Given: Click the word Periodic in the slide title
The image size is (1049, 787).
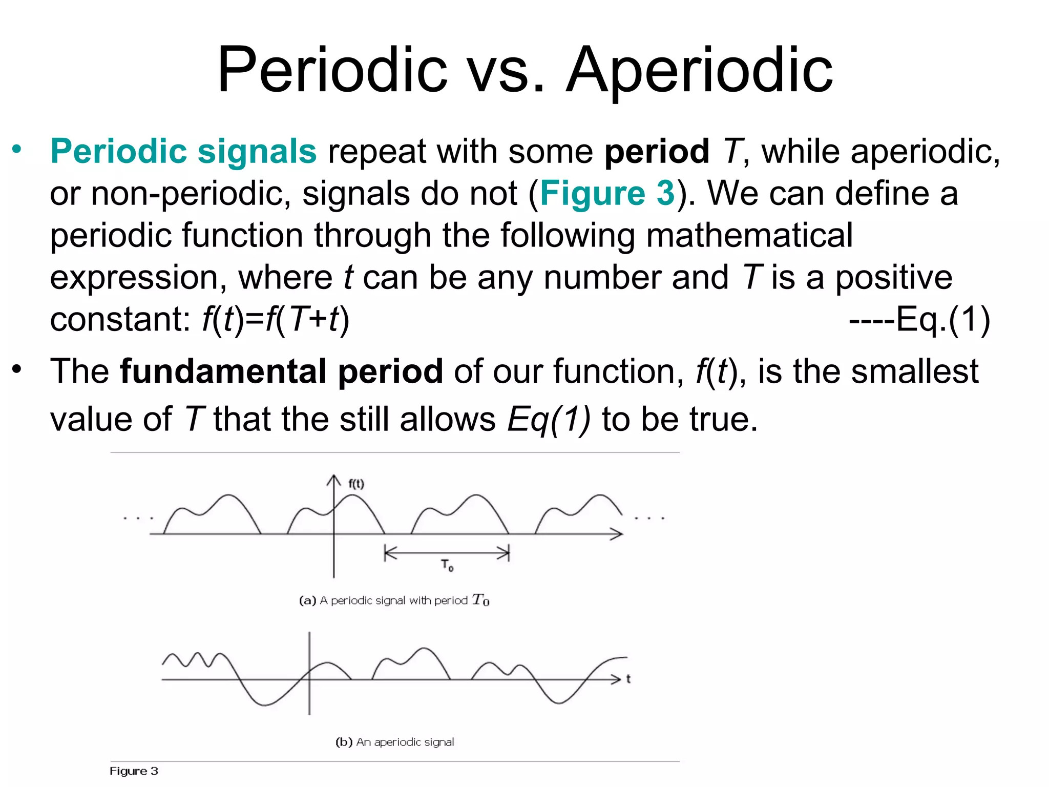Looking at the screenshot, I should pyautogui.click(x=332, y=70).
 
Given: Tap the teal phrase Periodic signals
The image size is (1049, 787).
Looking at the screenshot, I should pyautogui.click(x=183, y=152).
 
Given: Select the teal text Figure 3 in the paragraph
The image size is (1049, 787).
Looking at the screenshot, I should pyautogui.click(x=607, y=194).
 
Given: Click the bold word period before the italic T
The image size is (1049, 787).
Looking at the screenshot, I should pyautogui.click(x=657, y=152).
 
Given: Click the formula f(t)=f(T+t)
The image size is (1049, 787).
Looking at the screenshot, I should pyautogui.click(x=276, y=320).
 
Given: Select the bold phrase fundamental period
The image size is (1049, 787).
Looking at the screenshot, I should pyautogui.click(x=281, y=371).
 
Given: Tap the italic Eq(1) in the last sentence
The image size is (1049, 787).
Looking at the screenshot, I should pyautogui.click(x=549, y=419).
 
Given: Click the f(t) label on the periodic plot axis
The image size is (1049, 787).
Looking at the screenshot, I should pyautogui.click(x=356, y=484).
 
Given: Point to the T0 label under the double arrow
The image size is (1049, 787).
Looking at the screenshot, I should pyautogui.click(x=447, y=566).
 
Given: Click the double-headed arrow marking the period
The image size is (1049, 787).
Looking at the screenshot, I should pyautogui.click(x=447, y=553).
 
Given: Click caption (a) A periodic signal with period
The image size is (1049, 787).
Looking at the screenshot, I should pyautogui.click(x=394, y=600).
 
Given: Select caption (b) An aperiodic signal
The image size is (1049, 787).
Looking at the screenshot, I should pyautogui.click(x=394, y=742).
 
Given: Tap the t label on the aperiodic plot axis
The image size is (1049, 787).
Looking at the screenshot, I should pyautogui.click(x=628, y=679).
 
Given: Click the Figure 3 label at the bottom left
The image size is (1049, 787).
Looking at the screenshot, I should pyautogui.click(x=134, y=771).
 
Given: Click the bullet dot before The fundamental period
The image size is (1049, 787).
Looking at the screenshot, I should pyautogui.click(x=17, y=368).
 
